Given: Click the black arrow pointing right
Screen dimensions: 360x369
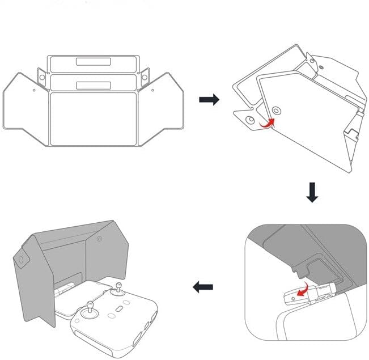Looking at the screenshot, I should pos(209,100).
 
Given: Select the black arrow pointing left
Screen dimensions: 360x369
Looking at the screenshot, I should pos(202,287).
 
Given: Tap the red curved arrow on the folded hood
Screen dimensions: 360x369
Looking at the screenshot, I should pos(265,121).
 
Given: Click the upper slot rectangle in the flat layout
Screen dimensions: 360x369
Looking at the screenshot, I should pos(94,62).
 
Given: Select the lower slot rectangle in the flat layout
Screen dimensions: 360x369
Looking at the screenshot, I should pos(94,84).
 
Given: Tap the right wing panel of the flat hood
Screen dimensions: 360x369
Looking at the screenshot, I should pos(163,108).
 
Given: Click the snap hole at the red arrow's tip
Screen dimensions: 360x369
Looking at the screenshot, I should pos(275,109).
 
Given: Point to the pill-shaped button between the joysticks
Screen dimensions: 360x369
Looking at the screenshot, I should pos(118,311).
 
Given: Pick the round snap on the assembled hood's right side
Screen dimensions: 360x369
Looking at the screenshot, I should pos(100,240).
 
